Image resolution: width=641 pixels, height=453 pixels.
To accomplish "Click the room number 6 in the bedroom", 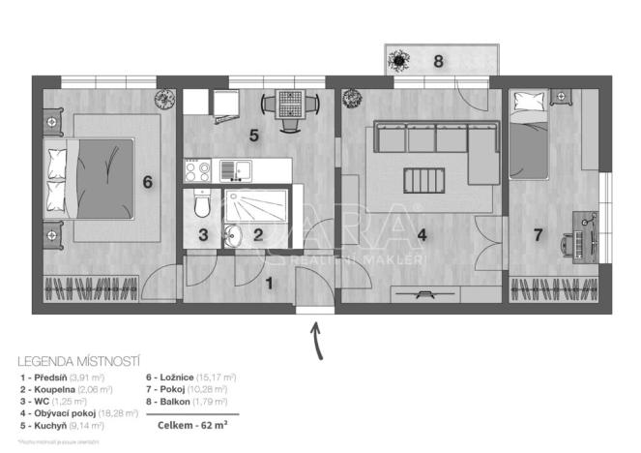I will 148,182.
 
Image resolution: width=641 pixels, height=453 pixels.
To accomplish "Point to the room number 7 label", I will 538,234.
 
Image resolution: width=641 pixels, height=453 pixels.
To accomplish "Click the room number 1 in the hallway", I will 270,283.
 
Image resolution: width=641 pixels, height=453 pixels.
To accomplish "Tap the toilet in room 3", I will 201,206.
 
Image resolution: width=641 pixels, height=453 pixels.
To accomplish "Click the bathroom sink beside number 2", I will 233,233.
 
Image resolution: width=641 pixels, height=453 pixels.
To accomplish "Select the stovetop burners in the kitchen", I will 198,172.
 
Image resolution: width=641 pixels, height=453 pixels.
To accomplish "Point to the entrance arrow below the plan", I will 315,340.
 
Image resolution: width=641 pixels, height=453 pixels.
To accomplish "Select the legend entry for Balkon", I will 187,401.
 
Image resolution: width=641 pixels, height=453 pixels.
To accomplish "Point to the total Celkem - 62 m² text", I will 185,424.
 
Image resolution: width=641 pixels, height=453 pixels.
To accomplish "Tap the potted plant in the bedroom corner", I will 163,98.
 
